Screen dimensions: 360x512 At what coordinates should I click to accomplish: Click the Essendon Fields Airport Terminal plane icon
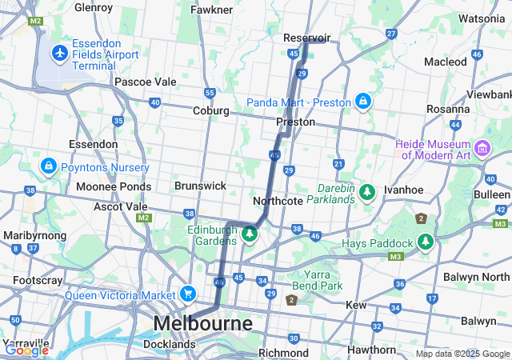pos(59,53)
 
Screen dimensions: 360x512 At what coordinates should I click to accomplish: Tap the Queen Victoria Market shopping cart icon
pos(188,294)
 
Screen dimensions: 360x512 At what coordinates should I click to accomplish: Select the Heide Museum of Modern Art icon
pos(482,148)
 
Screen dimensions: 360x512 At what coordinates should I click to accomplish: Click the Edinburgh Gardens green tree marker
pos(250,234)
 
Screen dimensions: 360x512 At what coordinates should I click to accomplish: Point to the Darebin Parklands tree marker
pos(367,192)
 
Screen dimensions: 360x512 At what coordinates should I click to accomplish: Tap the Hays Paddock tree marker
pos(426,242)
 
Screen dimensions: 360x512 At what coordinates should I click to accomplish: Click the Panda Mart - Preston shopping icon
pos(363,102)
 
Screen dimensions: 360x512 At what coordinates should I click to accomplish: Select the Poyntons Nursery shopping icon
pos(48,166)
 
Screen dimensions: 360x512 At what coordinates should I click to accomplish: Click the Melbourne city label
pos(202,323)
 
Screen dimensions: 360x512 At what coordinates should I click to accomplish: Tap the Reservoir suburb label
pos(307,38)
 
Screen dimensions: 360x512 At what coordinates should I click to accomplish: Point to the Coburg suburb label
pos(211,110)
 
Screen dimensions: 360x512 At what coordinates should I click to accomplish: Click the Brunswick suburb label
pos(200,185)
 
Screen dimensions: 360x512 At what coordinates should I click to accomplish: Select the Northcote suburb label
pos(278,200)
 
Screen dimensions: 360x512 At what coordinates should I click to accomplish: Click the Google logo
pos(26,350)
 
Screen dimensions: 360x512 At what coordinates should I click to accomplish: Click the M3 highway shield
pos(394,256)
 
